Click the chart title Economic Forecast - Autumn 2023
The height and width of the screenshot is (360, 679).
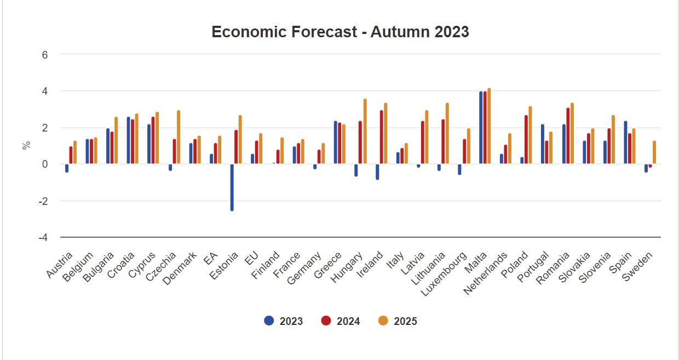pos(340,32)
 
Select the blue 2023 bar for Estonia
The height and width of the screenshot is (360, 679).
pos(232,187)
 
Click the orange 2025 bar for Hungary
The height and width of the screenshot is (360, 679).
pos(365,132)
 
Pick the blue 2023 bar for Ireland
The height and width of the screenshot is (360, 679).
pos(377,172)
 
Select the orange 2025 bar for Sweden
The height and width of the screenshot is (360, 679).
pos(654,153)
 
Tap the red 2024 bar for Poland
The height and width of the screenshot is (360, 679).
pos(526,140)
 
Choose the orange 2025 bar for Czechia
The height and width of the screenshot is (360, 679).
pos(179,138)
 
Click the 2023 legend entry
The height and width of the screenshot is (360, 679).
pos(283,321)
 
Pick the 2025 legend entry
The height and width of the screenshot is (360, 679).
pos(398,321)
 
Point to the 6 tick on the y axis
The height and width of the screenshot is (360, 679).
pos(45,55)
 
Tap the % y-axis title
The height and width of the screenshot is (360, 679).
pos(26,146)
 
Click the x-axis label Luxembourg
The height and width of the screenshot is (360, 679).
pos(445,273)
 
